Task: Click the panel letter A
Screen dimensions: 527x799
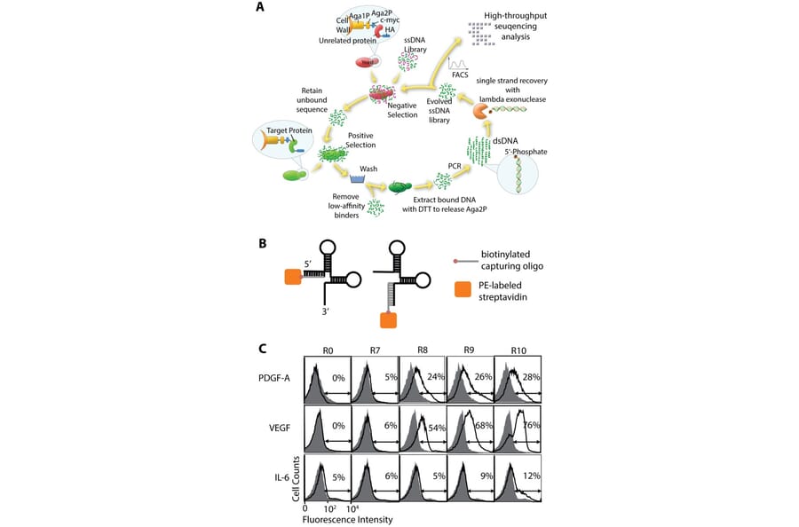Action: [259, 7]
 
